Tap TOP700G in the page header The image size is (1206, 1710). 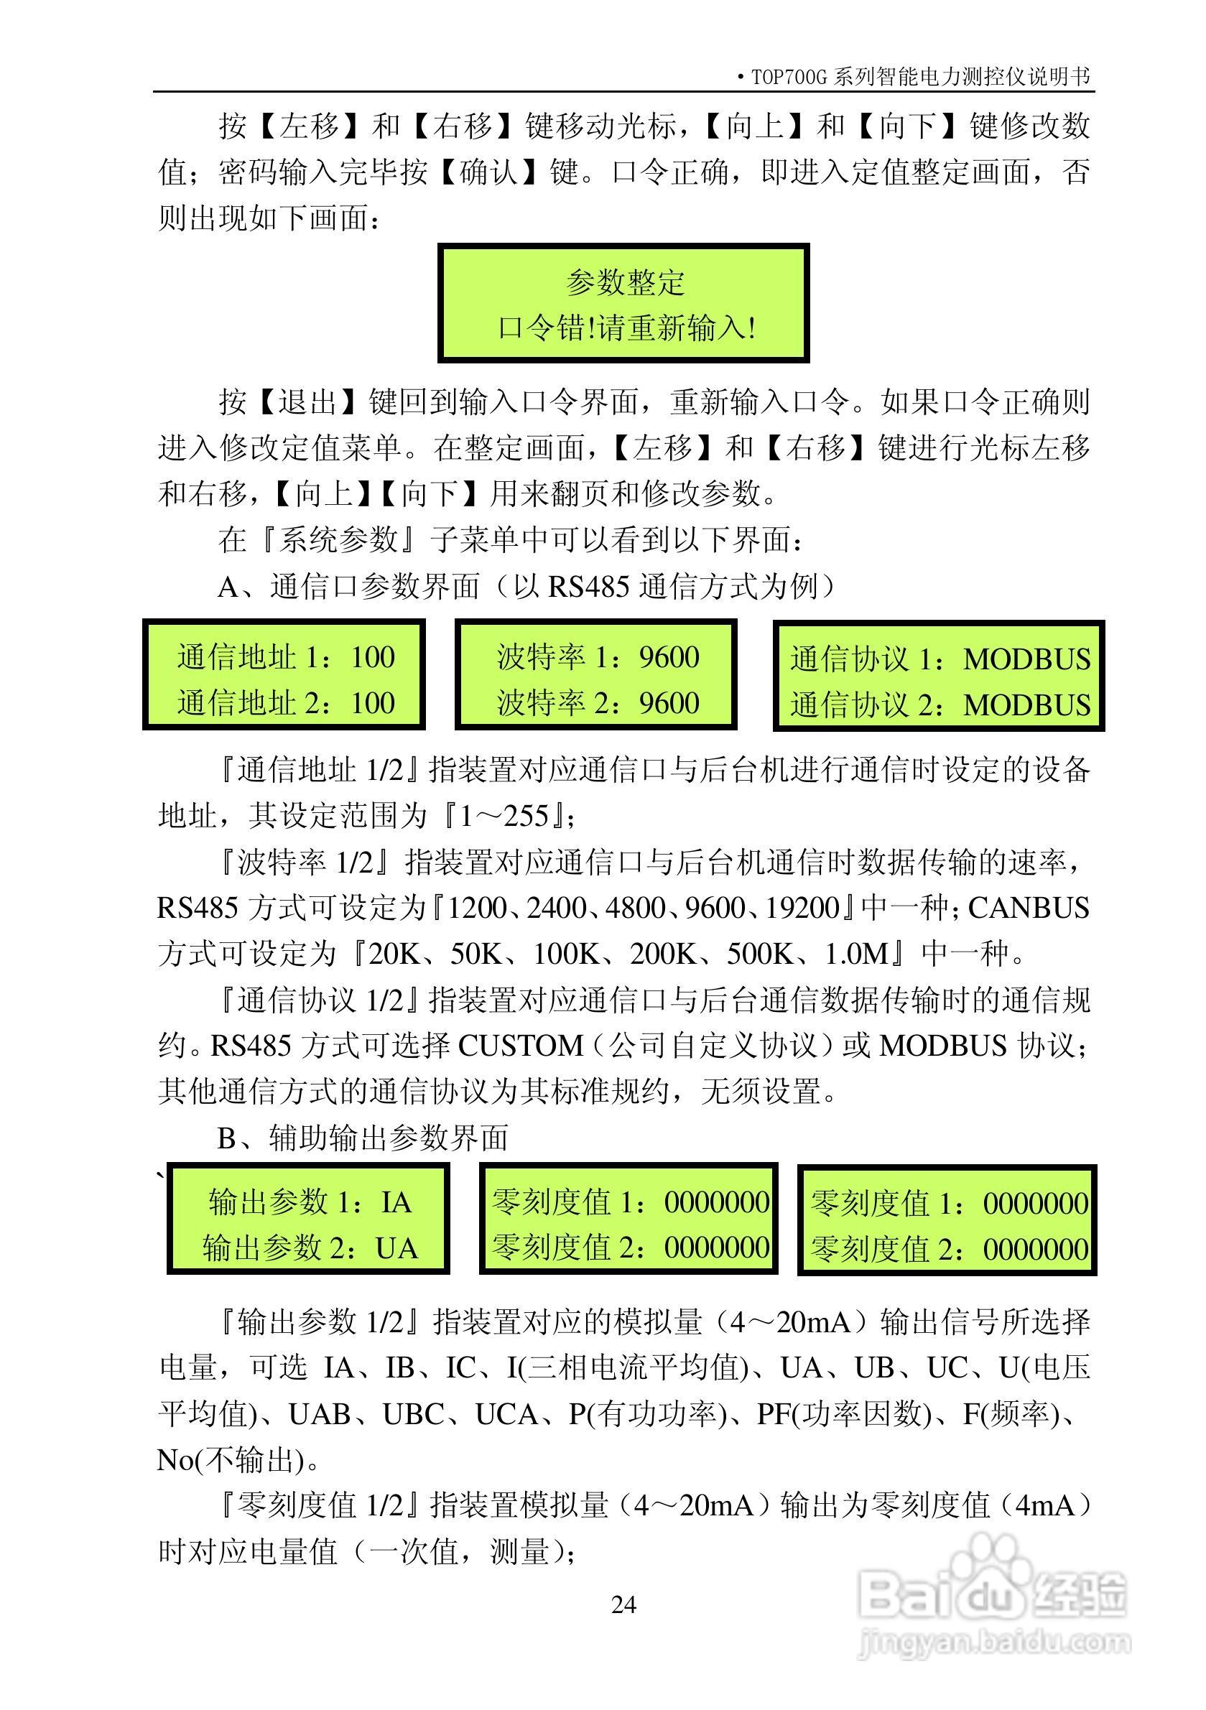pos(789,78)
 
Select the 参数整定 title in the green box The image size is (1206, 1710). pos(624,282)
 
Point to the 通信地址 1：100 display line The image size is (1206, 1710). pos(285,657)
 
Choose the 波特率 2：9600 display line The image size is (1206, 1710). pos(598,703)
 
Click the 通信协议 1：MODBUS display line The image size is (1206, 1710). pos(940,659)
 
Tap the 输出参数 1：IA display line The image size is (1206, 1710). pos(309,1202)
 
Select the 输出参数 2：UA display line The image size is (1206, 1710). pos(309,1247)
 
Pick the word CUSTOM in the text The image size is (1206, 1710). pos(520,1046)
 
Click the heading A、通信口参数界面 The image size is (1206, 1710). pos(348,587)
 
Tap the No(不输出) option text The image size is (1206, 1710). pos(231,1460)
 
